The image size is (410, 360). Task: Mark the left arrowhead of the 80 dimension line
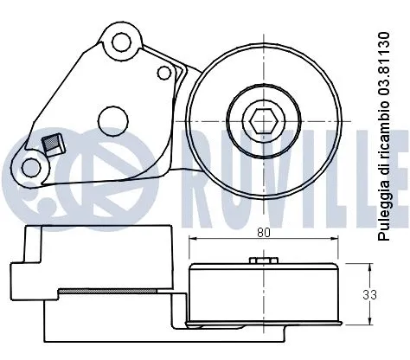pyautogui.click(x=192, y=240)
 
